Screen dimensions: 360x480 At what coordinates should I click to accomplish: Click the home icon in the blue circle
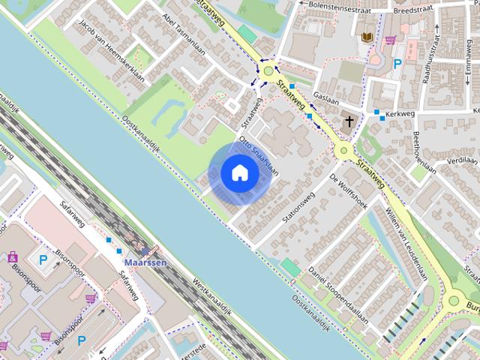pos(239,173)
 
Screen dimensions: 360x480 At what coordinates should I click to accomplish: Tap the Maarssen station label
pos(145,263)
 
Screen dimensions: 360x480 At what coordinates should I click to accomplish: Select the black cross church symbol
pos(349,121)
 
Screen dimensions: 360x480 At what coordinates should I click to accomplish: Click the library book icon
pos(367,37)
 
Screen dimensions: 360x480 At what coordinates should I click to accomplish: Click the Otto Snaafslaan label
pos(259,157)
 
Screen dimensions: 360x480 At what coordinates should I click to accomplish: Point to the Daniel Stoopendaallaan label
pos(342,293)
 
